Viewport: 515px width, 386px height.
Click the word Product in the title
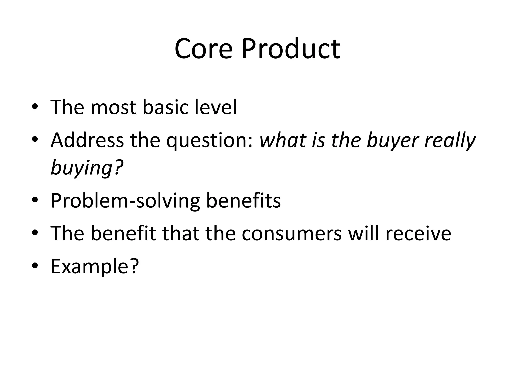(291, 49)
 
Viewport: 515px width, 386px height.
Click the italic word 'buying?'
(87, 168)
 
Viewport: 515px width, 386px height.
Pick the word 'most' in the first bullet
(113, 108)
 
